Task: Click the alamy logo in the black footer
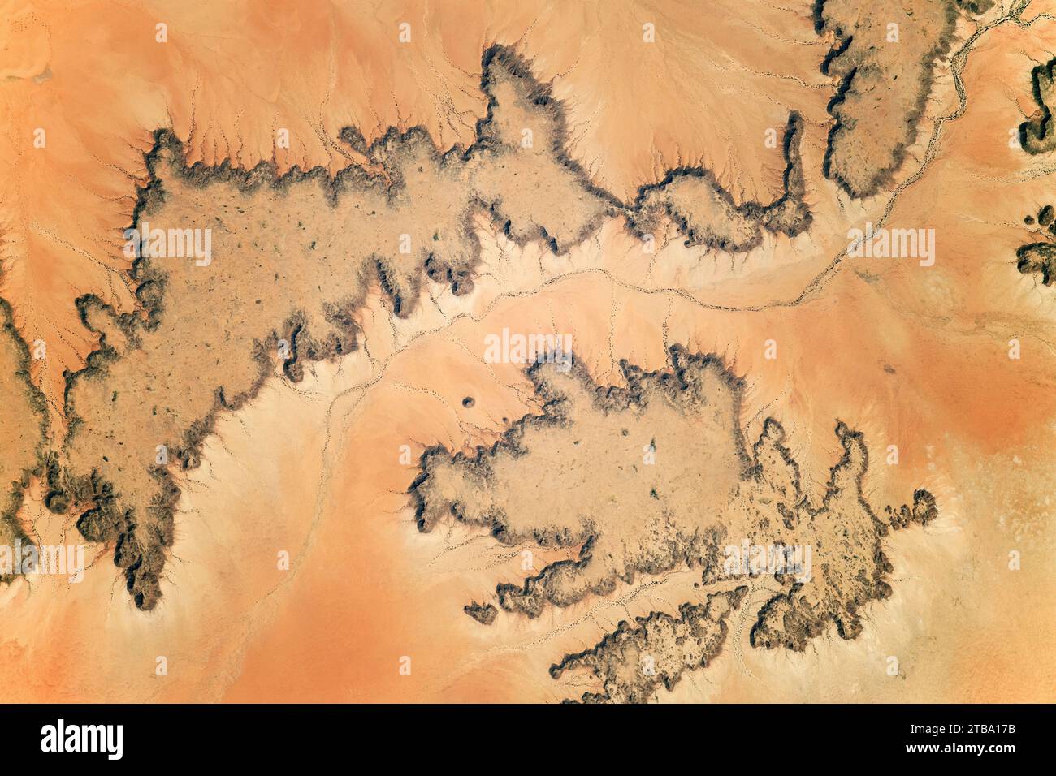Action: [82, 739]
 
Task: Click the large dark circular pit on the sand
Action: [469, 401]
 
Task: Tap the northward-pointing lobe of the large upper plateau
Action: [512, 89]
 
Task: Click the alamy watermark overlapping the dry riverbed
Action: [891, 246]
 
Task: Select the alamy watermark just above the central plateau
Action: [528, 347]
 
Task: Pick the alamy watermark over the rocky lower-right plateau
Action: [768, 561]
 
